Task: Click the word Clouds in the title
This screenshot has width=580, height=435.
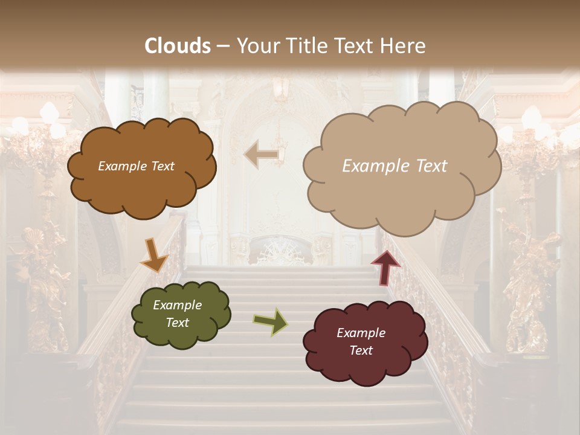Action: click(x=178, y=46)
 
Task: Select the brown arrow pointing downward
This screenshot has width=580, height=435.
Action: click(x=154, y=255)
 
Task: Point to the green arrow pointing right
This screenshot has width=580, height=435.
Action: click(x=271, y=322)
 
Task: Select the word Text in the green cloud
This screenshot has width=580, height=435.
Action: click(x=178, y=323)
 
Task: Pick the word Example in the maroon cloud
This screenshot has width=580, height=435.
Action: click(x=361, y=333)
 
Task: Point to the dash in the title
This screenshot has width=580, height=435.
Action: click(x=223, y=47)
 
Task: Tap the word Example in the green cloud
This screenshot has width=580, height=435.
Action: click(x=177, y=305)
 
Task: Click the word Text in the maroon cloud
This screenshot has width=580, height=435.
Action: click(x=361, y=350)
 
